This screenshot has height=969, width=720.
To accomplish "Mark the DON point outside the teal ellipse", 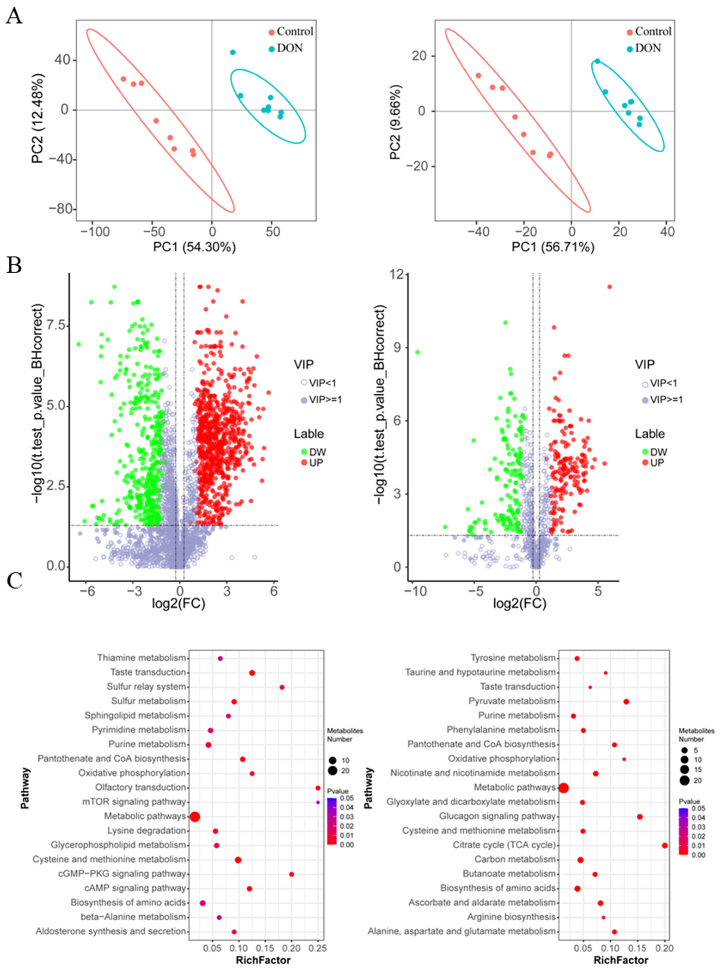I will pos(233,52).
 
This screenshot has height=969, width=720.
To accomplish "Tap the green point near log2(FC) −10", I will pos(417,352).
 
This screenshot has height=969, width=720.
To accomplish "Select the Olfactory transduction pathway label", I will pos(140,788).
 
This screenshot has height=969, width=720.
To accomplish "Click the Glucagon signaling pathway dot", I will pos(639,816).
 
